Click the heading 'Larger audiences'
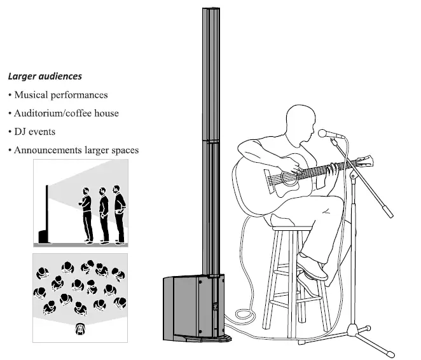(x=45, y=76)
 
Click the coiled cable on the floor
(x=245, y=313)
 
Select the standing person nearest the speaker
(x=86, y=215)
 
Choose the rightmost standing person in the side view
(x=118, y=214)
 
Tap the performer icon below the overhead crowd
(x=81, y=329)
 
